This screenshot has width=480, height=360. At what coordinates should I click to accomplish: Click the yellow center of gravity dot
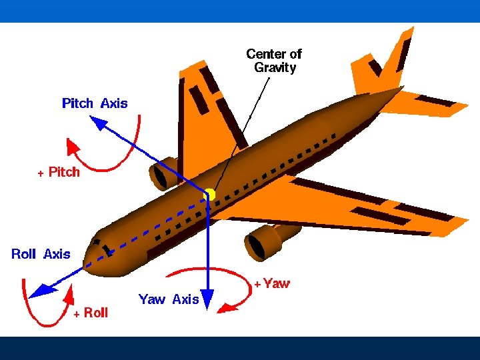(x=209, y=194)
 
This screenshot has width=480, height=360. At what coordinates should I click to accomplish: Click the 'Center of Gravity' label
(x=274, y=61)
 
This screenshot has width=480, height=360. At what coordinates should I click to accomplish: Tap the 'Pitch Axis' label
(x=95, y=103)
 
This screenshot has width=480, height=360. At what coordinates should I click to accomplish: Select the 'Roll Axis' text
(x=41, y=254)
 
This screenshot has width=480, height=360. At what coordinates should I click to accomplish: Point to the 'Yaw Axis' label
(x=169, y=299)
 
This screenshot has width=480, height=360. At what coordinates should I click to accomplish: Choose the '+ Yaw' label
(x=271, y=283)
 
